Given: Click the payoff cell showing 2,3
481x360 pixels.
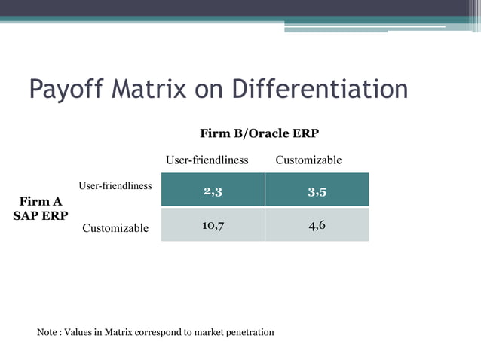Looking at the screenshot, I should pos(213,191).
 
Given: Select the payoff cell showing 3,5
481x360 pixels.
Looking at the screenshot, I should pos(317,191).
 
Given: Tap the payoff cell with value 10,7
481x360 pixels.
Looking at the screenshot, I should pos(213,225).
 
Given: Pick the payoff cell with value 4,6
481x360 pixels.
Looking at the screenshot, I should pos(317,225).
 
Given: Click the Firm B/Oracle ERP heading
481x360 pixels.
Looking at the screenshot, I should pos(259,133).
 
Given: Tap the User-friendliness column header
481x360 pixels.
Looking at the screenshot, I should pos(207,160).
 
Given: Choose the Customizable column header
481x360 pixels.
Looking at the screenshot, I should pos(308,160).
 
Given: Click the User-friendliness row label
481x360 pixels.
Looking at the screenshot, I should pos(115,185).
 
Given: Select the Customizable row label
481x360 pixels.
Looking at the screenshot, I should pos(115,227).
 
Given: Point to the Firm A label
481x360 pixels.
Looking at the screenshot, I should pos(41,202).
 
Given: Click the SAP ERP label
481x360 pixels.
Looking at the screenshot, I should pos(41,216).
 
